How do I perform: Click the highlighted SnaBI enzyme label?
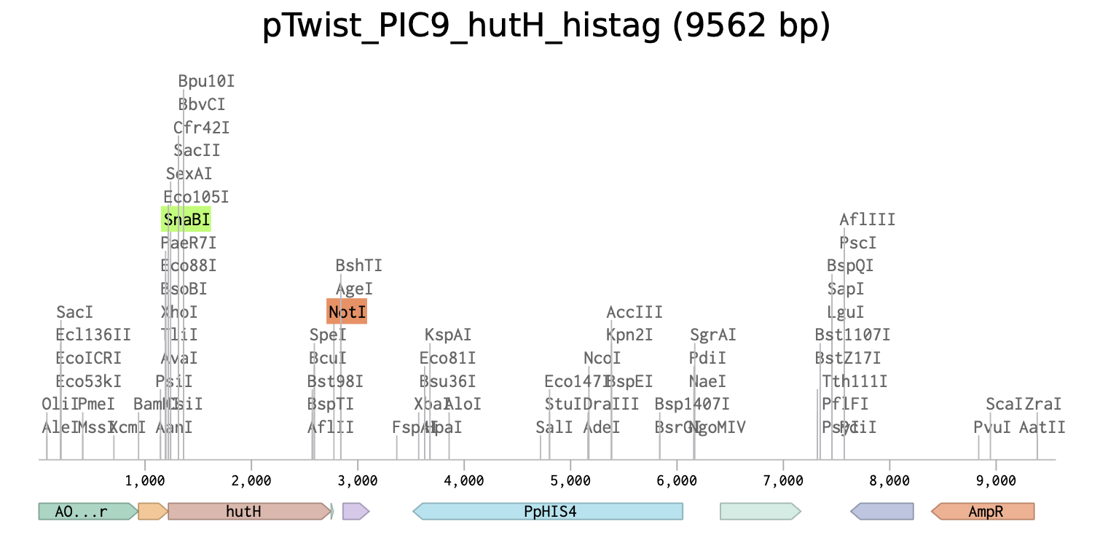pyautogui.click(x=186, y=219)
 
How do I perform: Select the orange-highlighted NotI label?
pyautogui.click(x=347, y=312)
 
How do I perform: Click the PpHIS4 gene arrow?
pyautogui.click(x=549, y=512)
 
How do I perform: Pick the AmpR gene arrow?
pyautogui.click(x=985, y=512)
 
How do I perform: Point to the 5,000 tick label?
pyautogui.click(x=570, y=480)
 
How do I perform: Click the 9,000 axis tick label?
pyautogui.click(x=996, y=480)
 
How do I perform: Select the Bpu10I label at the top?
pyautogui.click(x=206, y=81)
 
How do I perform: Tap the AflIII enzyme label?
pyautogui.click(x=867, y=219)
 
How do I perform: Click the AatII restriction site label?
pyautogui.click(x=1042, y=427)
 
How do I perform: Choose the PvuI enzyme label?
pyautogui.click(x=991, y=427)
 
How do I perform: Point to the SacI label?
pyautogui.click(x=75, y=312)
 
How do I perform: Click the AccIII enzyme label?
pyautogui.click(x=635, y=312)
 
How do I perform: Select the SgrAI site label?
pyautogui.click(x=712, y=335)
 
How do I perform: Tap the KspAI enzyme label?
pyautogui.click(x=448, y=335)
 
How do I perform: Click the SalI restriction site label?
pyautogui.click(x=554, y=427)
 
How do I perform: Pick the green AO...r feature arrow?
pyautogui.click(x=86, y=512)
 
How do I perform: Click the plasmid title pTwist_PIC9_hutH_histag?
pyautogui.click(x=546, y=28)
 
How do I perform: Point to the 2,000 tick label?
pyautogui.click(x=251, y=480)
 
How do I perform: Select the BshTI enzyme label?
pyautogui.click(x=358, y=266)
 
